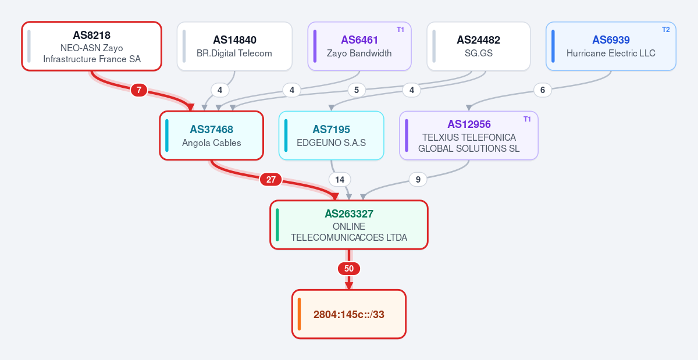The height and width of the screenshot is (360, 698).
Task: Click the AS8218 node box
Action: pyautogui.click(x=92, y=46)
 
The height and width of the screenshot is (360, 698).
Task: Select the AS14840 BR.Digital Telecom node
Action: pyautogui.click(x=234, y=46)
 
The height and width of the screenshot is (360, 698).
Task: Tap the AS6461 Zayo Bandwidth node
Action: pyautogui.click(x=359, y=46)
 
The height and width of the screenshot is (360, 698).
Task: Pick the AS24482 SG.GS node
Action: pyautogui.click(x=479, y=46)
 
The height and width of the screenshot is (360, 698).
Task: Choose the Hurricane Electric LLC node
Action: pyautogui.click(x=611, y=46)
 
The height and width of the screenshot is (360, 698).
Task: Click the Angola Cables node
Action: pyautogui.click(x=212, y=136)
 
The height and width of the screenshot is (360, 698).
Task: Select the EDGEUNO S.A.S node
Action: pyautogui.click(x=331, y=136)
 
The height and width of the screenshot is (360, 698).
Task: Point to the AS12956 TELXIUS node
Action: pyautogui.click(x=469, y=136)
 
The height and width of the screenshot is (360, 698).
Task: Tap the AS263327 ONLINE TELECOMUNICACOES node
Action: pyautogui.click(x=349, y=224)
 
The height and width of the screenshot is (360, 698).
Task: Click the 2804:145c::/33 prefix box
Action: pyautogui.click(x=349, y=314)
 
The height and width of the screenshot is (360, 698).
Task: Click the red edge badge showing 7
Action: pyautogui.click(x=138, y=90)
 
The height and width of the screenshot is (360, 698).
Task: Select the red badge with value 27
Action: pyautogui.click(x=271, y=180)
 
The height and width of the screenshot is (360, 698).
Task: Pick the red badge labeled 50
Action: pyautogui.click(x=349, y=268)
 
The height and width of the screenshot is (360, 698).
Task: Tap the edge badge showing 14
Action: pyautogui.click(x=340, y=180)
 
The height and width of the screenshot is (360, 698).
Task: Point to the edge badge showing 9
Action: pyautogui.click(x=418, y=180)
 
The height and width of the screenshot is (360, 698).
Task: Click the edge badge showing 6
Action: pyautogui.click(x=543, y=90)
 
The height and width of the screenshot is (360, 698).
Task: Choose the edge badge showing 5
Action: pyautogui.click(x=357, y=90)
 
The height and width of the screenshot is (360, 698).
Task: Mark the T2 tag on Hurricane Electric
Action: pyautogui.click(x=665, y=30)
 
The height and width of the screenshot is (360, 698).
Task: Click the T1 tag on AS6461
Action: pyautogui.click(x=400, y=30)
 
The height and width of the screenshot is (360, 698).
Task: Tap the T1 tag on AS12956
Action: pyautogui.click(x=527, y=119)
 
